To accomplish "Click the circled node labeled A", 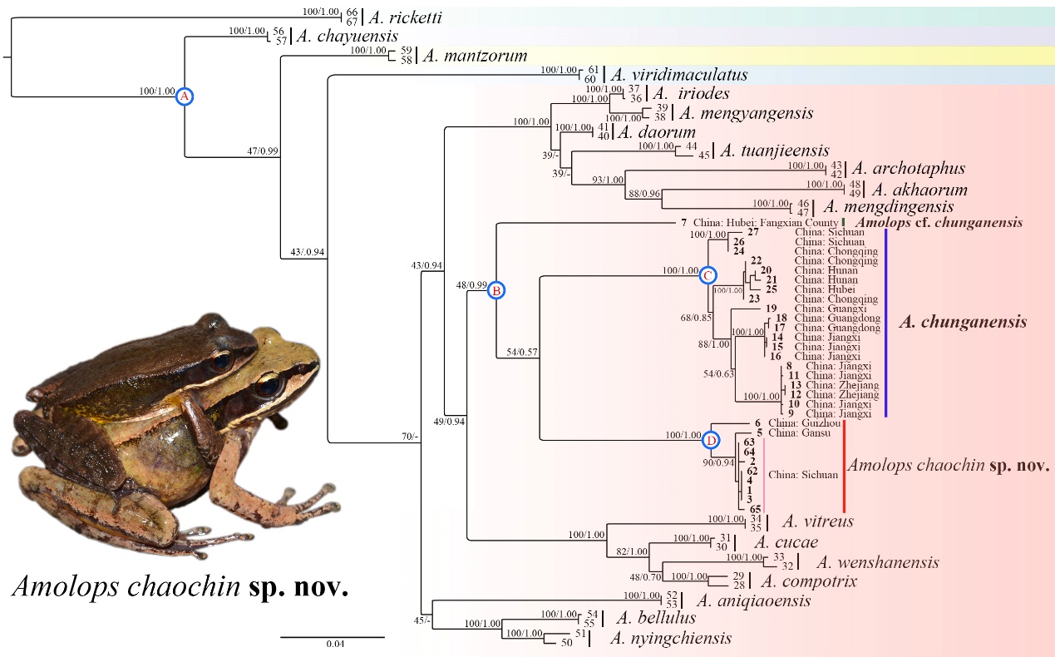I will coord(185,97).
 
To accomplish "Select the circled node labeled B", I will coord(495,290).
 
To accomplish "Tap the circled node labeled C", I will coord(708,274).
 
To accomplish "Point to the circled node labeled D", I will coord(712,439).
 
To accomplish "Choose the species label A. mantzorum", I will coord(475,57).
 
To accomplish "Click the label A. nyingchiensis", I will coord(671,639).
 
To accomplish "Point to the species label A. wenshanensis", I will coord(878,563).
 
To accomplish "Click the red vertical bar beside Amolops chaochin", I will coord(844,466).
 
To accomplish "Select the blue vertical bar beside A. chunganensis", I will coord(886,323).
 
